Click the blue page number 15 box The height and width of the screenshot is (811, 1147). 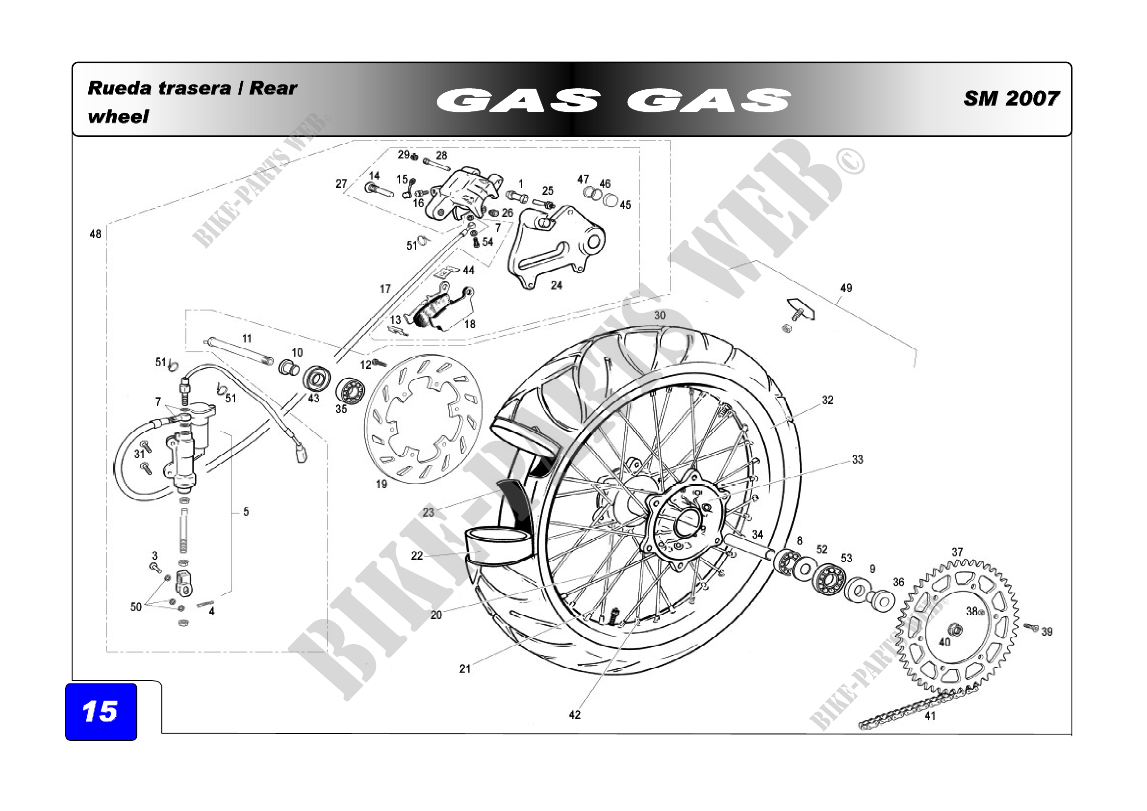[101, 711]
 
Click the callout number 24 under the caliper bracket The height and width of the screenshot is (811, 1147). [556, 286]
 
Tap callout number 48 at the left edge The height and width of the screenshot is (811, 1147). [96, 234]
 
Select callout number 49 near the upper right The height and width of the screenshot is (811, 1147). [846, 288]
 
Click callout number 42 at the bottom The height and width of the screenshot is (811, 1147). [575, 715]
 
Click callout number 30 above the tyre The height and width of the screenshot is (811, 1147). [660, 315]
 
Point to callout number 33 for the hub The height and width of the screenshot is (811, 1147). [857, 460]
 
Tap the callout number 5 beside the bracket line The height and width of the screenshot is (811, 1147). [246, 512]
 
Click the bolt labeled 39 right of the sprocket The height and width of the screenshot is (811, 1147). [1030, 627]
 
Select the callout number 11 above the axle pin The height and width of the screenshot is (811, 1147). [247, 339]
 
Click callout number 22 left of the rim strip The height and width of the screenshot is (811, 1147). [417, 556]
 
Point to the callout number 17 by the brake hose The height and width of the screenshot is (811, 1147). [385, 289]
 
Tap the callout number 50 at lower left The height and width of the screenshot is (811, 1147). [136, 606]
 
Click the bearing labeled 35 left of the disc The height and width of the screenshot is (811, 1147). [350, 390]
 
